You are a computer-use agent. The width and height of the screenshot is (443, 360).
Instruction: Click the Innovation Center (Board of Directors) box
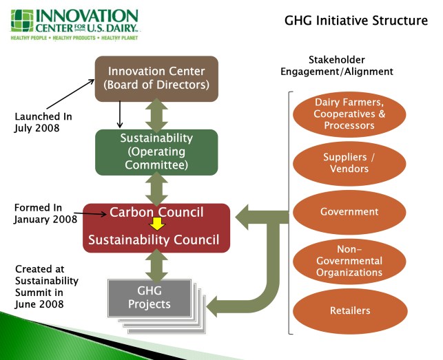156,78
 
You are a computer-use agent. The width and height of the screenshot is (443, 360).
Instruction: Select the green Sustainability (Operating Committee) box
156,151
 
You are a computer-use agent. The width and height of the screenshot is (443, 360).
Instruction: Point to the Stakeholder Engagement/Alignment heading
337,65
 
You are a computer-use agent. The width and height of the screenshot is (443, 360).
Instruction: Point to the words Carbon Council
156,212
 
